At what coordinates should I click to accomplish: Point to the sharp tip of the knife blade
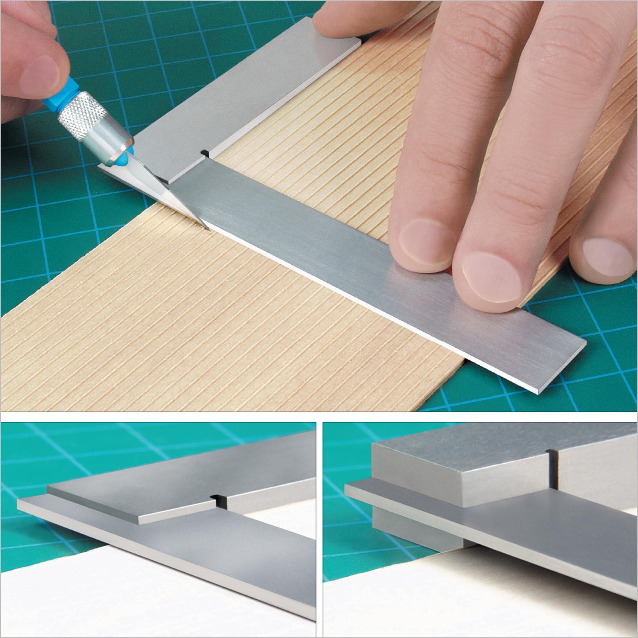coord(208,230)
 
